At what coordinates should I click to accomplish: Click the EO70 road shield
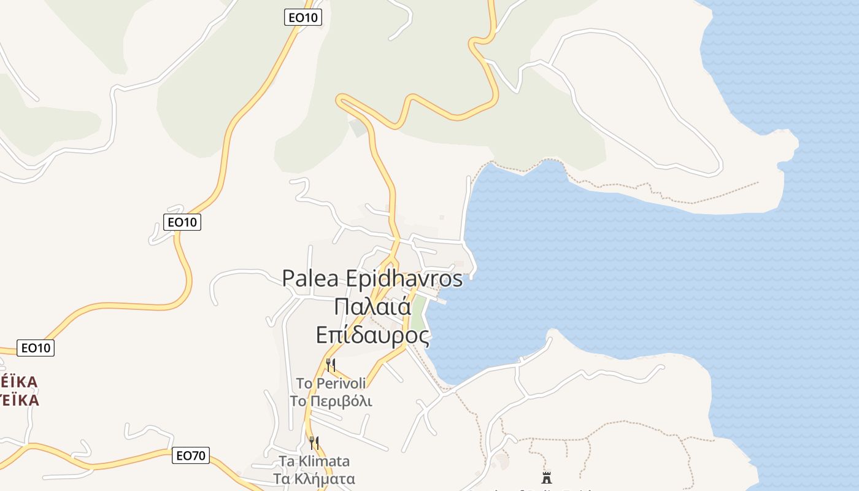(191, 455)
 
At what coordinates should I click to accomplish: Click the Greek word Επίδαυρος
(372, 335)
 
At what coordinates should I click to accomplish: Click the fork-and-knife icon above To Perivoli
(331, 365)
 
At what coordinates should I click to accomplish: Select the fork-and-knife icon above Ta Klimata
(314, 443)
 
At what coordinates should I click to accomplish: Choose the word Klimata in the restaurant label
(325, 461)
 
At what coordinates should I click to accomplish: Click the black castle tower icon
(546, 477)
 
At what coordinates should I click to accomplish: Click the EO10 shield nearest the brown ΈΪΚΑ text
(36, 348)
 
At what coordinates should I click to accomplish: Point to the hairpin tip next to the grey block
(339, 100)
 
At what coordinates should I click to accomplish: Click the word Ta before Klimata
(287, 461)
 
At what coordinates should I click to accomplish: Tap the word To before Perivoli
(304, 384)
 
